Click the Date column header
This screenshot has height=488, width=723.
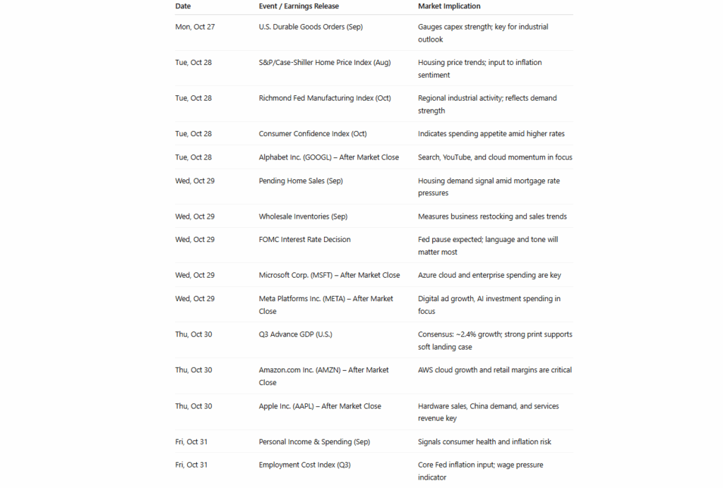tap(183, 6)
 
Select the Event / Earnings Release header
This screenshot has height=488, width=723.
tap(299, 6)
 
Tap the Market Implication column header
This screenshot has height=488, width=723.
tap(449, 6)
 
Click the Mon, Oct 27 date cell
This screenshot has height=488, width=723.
tap(193, 27)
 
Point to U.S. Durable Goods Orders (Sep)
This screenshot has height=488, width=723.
tap(311, 27)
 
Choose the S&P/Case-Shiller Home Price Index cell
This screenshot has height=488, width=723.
tap(325, 63)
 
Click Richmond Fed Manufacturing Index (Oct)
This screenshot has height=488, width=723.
tap(325, 98)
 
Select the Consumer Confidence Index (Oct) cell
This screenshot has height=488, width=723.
tap(313, 134)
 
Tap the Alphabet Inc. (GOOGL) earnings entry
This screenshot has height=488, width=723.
tap(329, 157)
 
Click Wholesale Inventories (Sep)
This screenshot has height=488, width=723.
tap(303, 216)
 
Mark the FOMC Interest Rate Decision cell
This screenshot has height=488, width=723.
tap(305, 240)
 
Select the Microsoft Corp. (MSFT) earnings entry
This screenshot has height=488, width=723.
tap(330, 275)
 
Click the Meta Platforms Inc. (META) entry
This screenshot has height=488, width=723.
tap(326, 299)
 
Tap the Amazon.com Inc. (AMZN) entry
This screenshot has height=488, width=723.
tap(324, 370)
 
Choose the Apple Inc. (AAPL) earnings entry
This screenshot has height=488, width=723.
tap(320, 406)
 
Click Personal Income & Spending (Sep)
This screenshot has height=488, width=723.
tap(314, 442)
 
